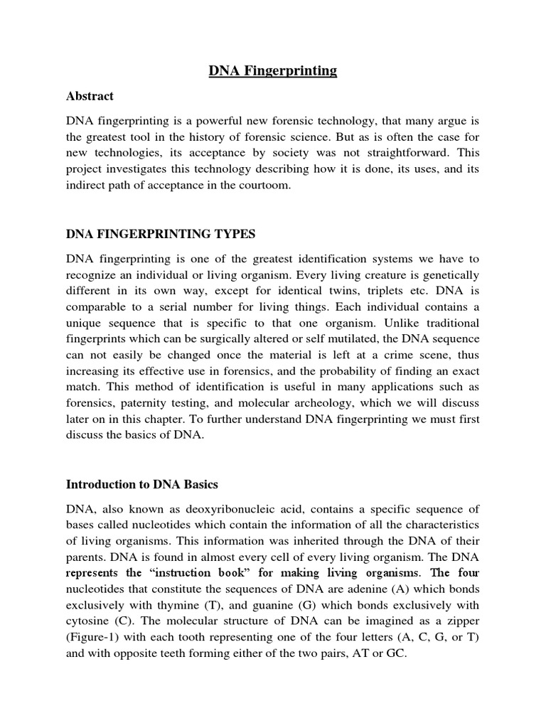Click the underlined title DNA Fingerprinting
click(273, 70)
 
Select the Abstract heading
click(90, 96)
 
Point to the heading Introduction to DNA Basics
click(141, 484)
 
